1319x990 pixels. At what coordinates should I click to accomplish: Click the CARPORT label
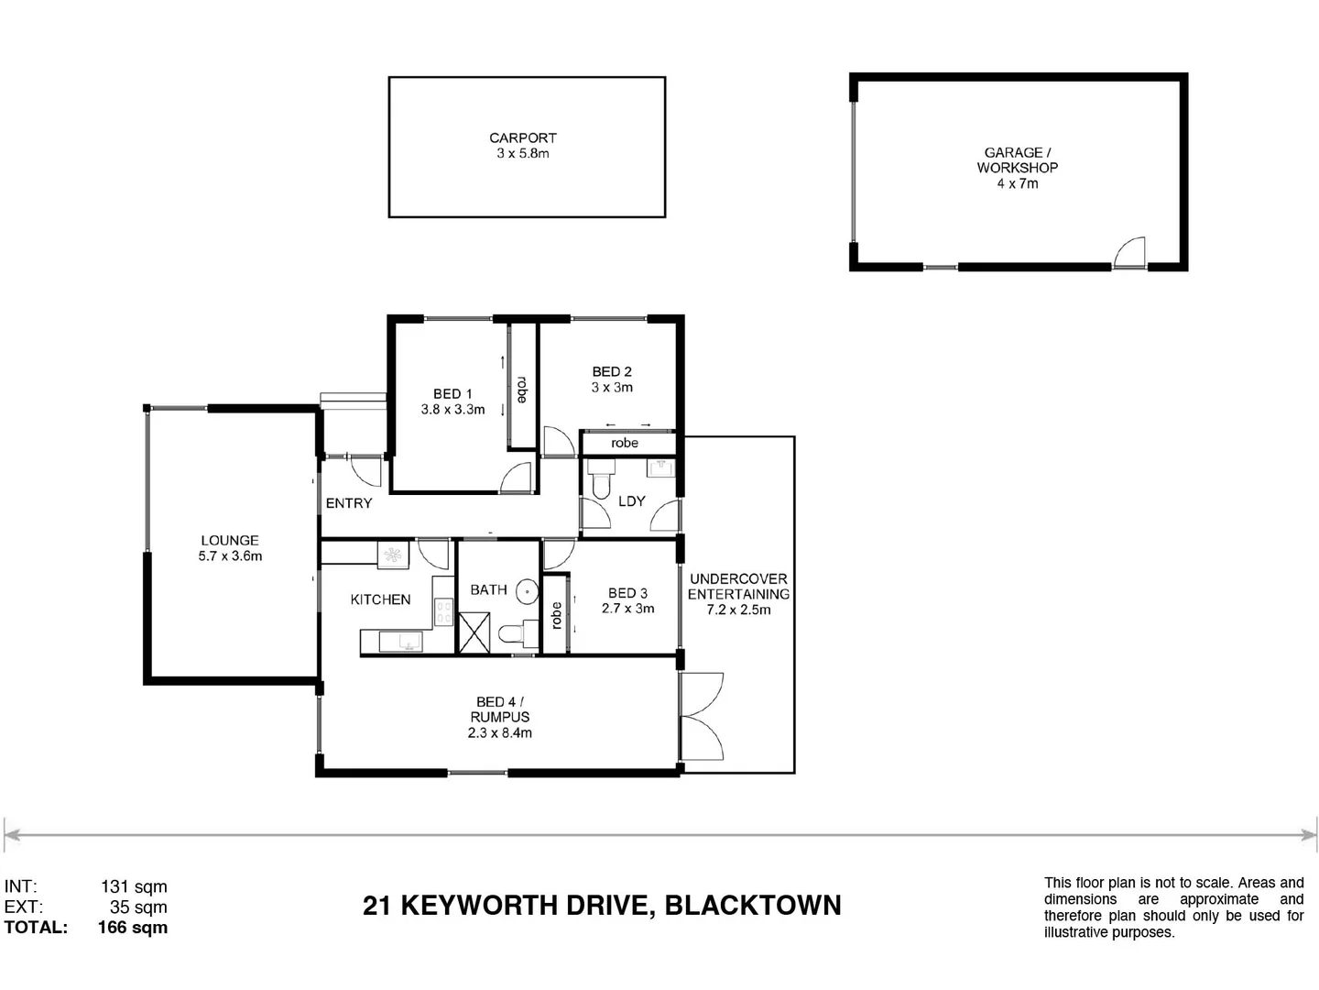pyautogui.click(x=522, y=138)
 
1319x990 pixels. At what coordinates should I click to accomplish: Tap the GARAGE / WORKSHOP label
pyautogui.click(x=1017, y=160)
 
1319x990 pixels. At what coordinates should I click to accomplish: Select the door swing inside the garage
pyautogui.click(x=1131, y=252)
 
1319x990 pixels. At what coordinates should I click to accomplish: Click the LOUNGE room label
pyautogui.click(x=230, y=541)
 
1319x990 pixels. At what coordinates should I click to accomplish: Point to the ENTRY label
pyautogui.click(x=349, y=503)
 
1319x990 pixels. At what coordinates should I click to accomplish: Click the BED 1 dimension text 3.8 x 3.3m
pyautogui.click(x=452, y=410)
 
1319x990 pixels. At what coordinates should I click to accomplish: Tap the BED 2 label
pyautogui.click(x=612, y=371)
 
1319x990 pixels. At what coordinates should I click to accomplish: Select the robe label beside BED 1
pyautogui.click(x=522, y=390)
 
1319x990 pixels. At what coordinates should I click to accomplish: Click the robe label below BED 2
pyautogui.click(x=625, y=443)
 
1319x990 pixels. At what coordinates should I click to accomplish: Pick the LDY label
pyautogui.click(x=632, y=501)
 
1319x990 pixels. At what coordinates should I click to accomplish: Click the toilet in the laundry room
pyautogui.click(x=601, y=482)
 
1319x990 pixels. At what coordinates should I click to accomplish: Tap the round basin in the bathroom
pyautogui.click(x=527, y=591)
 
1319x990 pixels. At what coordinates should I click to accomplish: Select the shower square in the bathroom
pyautogui.click(x=474, y=633)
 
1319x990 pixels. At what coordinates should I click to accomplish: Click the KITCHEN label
pyautogui.click(x=380, y=599)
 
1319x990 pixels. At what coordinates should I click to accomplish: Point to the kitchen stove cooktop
pyautogui.click(x=443, y=611)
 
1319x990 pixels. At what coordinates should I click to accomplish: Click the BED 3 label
pyautogui.click(x=627, y=593)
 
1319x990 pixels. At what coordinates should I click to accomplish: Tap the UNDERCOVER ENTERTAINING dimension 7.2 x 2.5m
pyautogui.click(x=738, y=610)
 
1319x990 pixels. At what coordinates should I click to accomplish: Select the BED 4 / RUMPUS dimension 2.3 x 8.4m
pyautogui.click(x=500, y=732)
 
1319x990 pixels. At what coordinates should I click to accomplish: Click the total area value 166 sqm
pyautogui.click(x=133, y=928)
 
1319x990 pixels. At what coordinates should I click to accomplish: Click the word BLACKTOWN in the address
pyautogui.click(x=752, y=906)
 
